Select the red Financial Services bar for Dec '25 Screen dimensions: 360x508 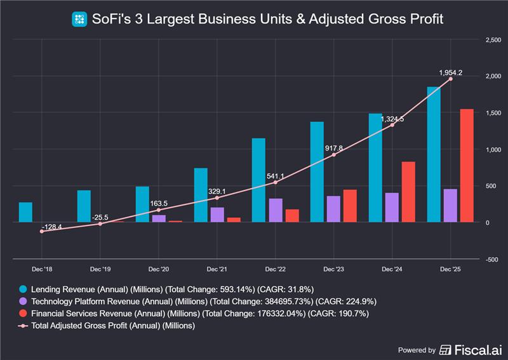click(467, 166)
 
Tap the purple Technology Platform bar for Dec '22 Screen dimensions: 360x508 click(276, 210)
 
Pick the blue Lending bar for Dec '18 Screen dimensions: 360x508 click(25, 212)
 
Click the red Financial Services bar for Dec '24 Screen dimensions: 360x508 click(408, 192)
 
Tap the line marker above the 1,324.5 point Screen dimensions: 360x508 click(392, 125)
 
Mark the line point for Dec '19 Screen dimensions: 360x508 click(100, 224)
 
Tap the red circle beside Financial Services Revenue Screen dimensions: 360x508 click(23, 313)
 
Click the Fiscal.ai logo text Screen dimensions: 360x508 click(471, 350)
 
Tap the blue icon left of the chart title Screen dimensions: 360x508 click(79, 19)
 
